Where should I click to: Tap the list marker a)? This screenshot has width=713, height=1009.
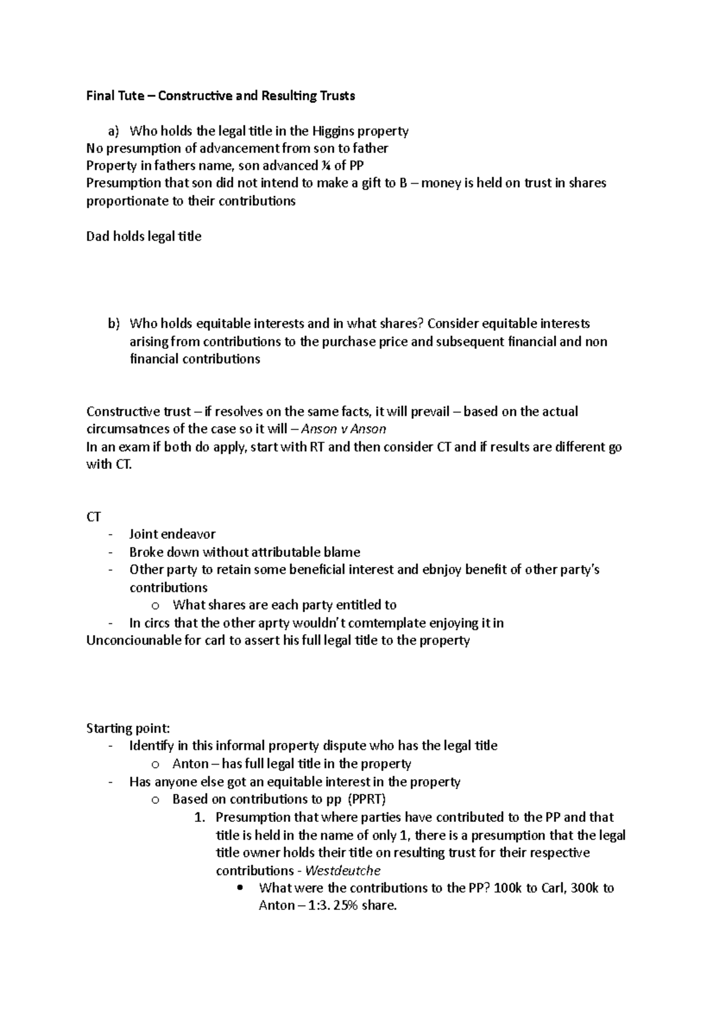pos(113,131)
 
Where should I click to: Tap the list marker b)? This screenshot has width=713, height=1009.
pos(113,324)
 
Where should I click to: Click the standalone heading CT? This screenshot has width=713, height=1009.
pos(94,517)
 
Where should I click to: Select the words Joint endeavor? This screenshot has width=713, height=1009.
pos(172,534)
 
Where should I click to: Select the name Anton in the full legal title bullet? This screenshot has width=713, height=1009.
pos(190,764)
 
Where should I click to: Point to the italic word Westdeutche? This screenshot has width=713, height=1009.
pos(343,871)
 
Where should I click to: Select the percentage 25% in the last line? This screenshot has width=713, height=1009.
pos(338,906)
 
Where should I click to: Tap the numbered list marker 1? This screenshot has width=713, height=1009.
pos(200,818)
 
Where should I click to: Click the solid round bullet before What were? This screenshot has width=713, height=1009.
pos(240,888)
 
